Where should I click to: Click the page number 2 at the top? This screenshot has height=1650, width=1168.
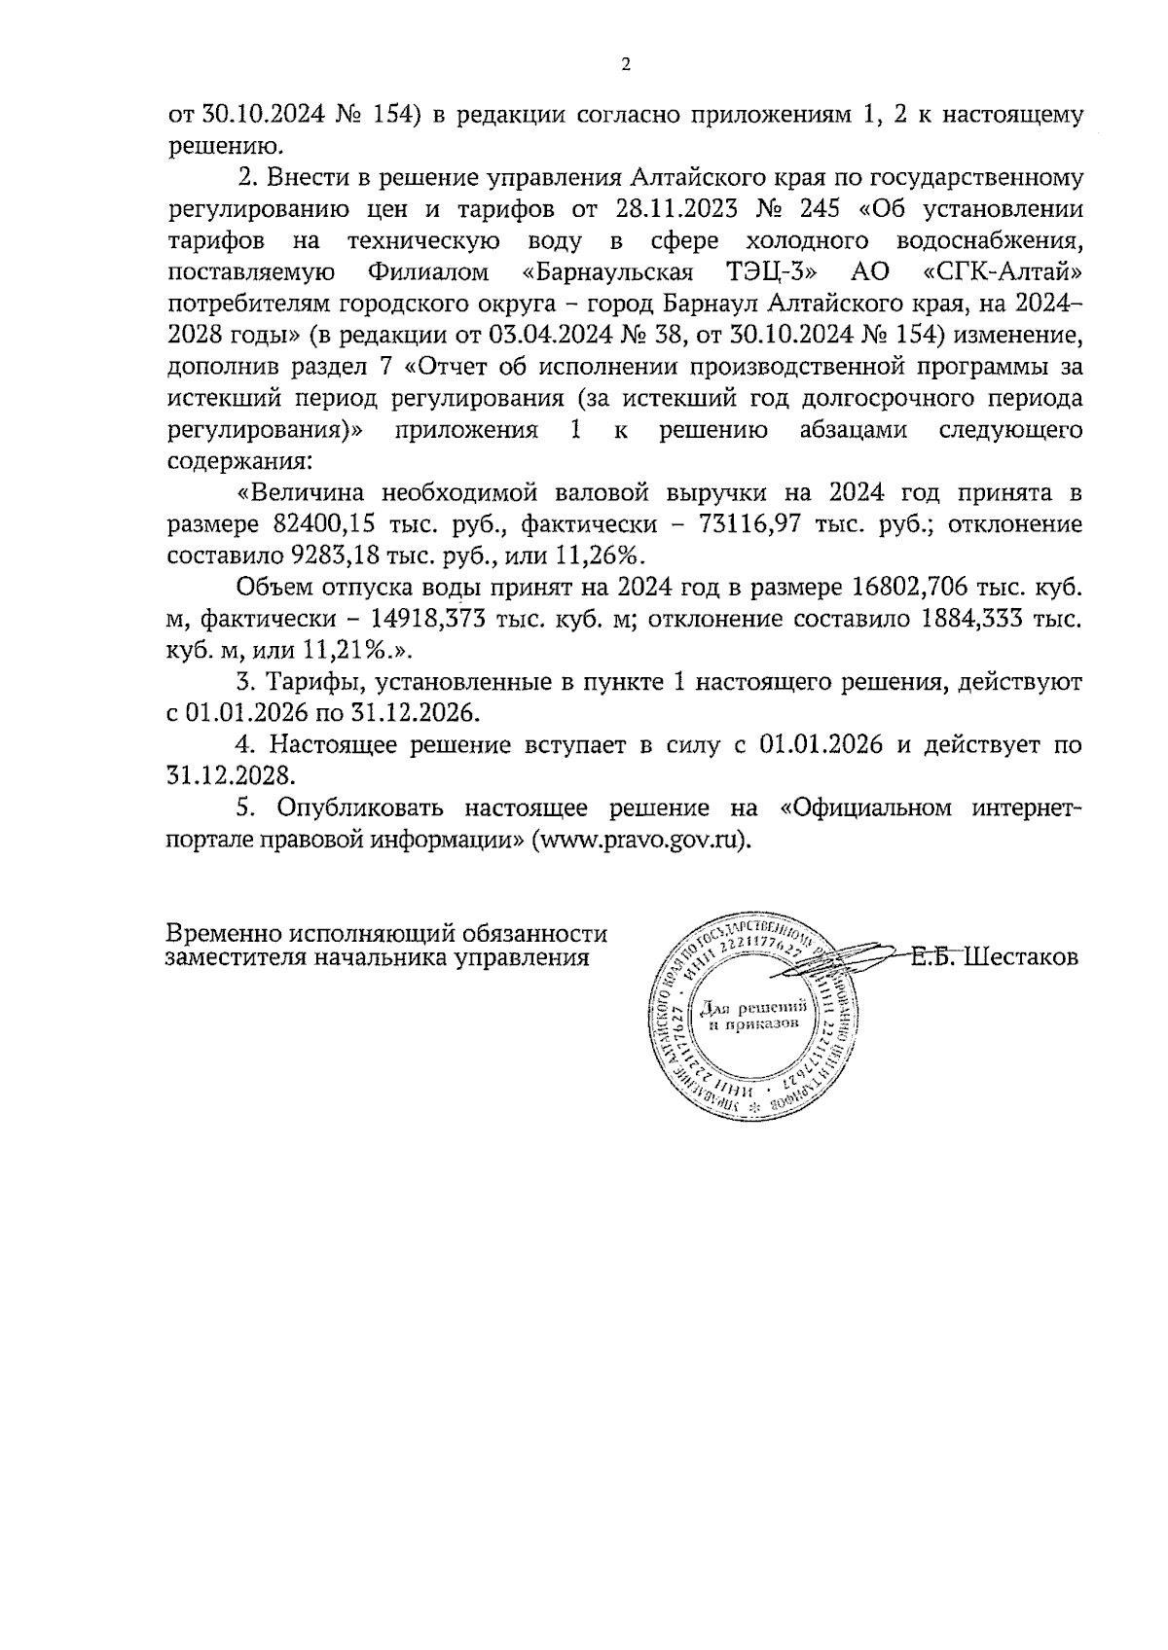pos(626,65)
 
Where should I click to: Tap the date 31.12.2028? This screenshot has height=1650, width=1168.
pos(231,776)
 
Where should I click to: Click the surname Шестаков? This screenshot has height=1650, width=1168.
pos(1024,957)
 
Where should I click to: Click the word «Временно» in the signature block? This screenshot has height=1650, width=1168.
pos(224,935)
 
